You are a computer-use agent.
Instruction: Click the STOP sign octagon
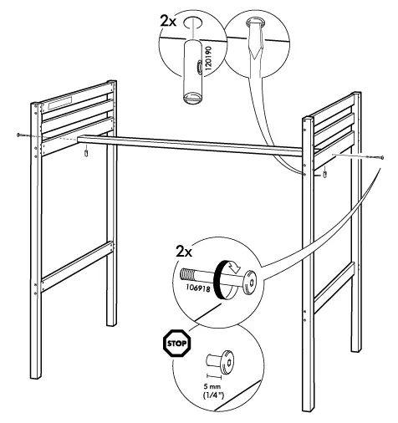[177, 343]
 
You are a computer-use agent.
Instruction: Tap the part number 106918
[198, 288]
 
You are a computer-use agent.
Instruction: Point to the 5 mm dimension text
[212, 387]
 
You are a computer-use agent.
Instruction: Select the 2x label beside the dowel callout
[168, 21]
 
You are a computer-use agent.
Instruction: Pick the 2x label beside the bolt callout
[184, 252]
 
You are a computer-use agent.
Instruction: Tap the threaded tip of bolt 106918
[186, 275]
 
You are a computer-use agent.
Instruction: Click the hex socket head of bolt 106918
[248, 283]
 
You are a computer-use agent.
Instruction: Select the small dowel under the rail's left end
[86, 153]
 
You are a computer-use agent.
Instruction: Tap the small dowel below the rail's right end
[324, 175]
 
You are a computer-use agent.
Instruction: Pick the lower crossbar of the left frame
[77, 267]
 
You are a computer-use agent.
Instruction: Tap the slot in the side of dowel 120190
[199, 67]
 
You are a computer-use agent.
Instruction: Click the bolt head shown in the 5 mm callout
[227, 362]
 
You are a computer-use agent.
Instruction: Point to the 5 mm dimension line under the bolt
[214, 376]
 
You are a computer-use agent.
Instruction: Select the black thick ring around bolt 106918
[220, 280]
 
